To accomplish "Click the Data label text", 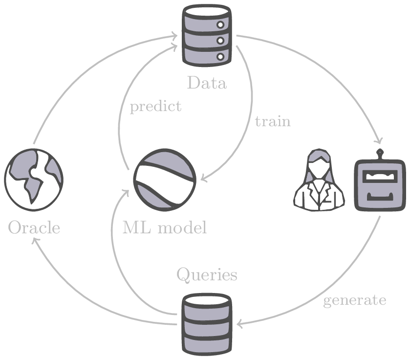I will point(206,83).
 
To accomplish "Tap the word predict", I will point(155,107).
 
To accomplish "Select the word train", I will point(273,121).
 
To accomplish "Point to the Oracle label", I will point(34,228).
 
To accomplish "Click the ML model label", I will point(164,227).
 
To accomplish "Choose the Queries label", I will point(207,275).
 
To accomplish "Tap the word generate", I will point(355,300).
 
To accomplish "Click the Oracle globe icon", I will point(34,180).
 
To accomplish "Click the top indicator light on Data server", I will point(220,24).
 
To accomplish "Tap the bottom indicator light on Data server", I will point(220,57).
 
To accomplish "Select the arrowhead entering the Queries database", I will point(239,323).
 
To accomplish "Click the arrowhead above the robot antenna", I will point(378,141).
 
